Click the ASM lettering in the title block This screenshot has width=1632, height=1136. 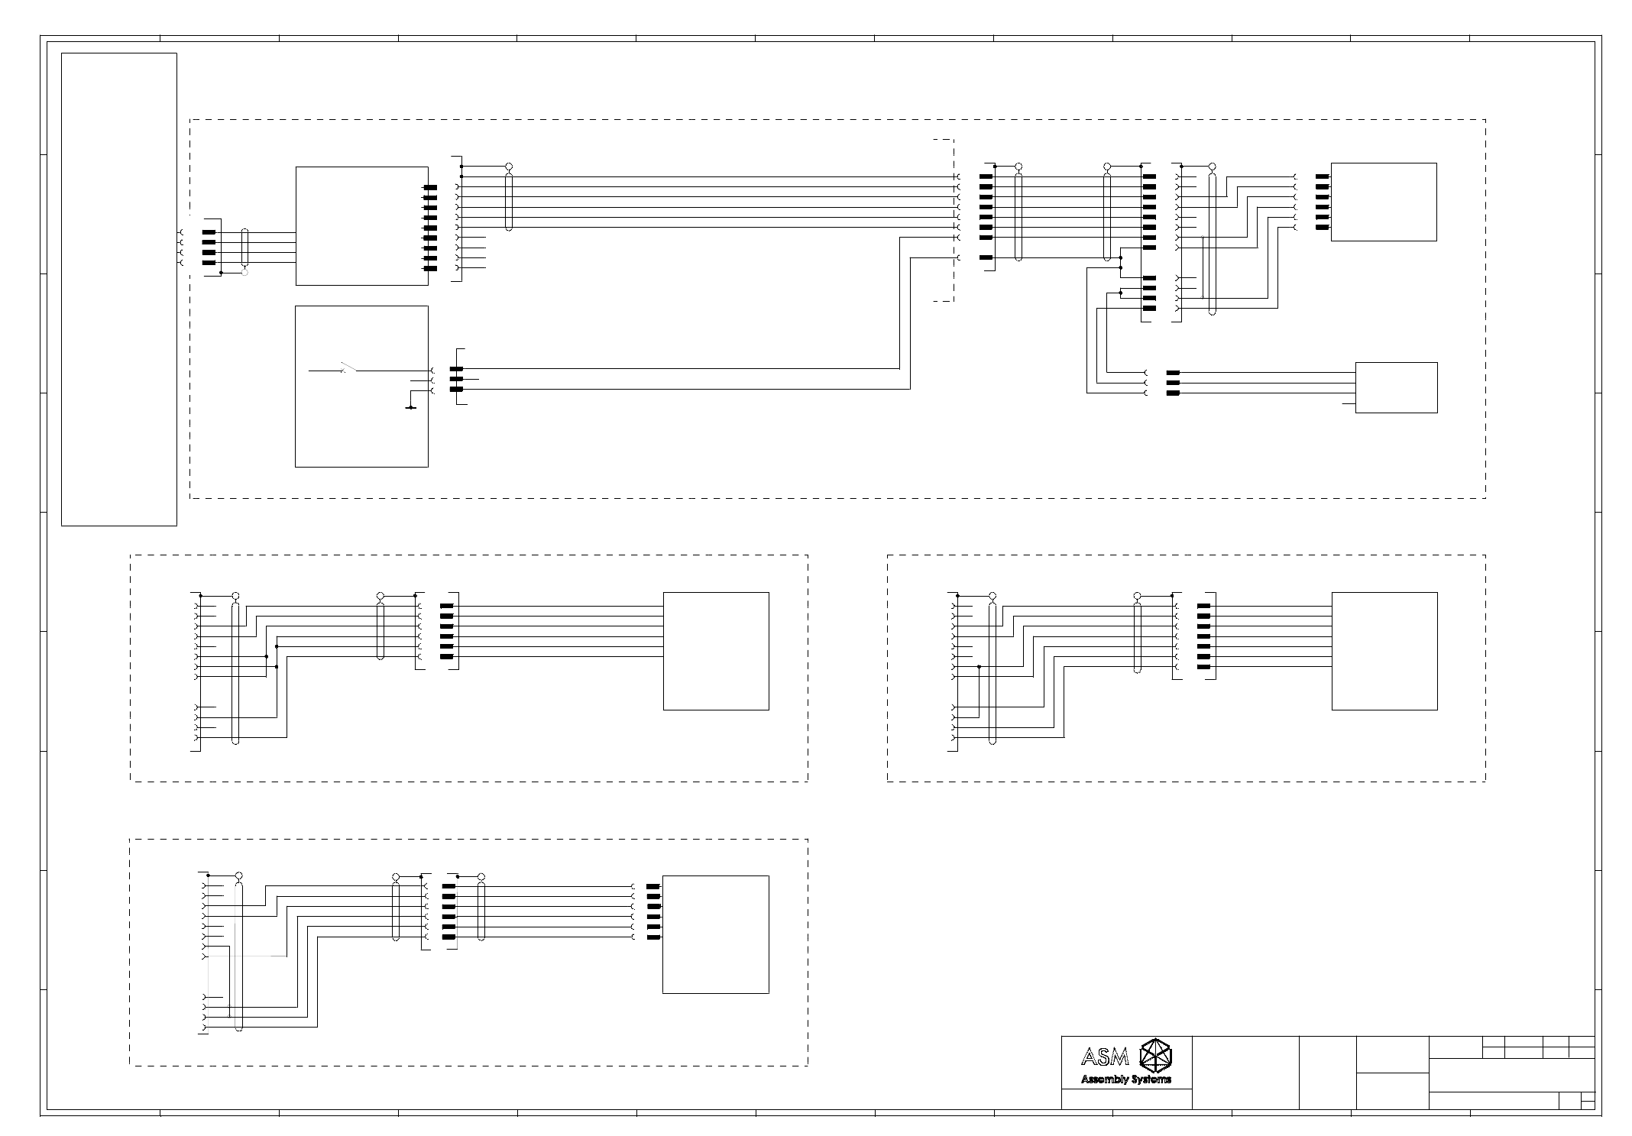tap(1105, 1058)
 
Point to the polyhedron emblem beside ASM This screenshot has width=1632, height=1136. tap(1154, 1055)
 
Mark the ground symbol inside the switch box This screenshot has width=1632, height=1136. tap(411, 407)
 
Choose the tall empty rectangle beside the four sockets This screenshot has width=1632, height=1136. tap(119, 289)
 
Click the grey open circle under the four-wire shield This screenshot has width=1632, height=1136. tap(244, 272)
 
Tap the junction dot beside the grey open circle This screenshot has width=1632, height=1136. tap(221, 272)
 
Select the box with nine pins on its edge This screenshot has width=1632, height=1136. tap(361, 225)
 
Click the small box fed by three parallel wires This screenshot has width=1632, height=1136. tap(1396, 387)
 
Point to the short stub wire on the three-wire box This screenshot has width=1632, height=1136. tap(1349, 403)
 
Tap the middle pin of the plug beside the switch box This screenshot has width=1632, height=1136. tap(457, 379)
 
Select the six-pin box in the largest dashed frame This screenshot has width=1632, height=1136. tap(1383, 202)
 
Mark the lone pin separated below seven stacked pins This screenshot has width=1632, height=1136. tap(986, 257)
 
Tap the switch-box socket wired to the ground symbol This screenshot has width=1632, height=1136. tap(432, 390)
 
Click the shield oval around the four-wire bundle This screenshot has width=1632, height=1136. tap(244, 247)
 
